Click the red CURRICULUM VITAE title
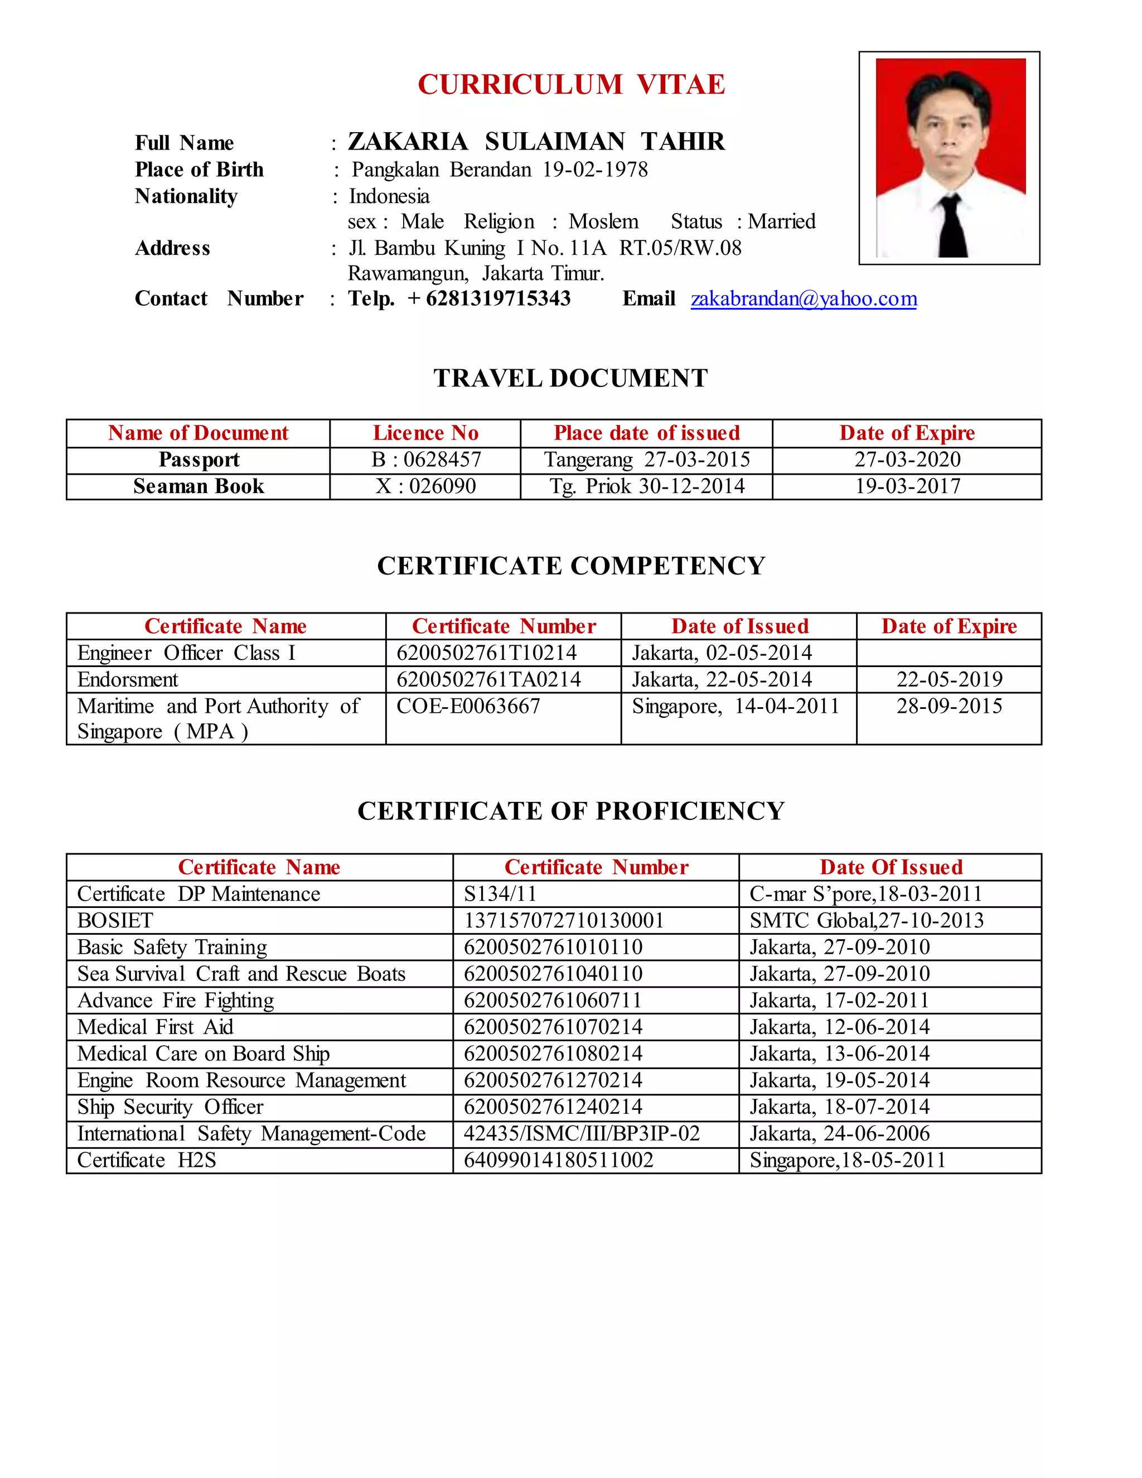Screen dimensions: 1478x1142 (x=571, y=85)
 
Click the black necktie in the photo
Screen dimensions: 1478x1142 (x=952, y=226)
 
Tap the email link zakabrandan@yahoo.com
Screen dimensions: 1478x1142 (x=803, y=298)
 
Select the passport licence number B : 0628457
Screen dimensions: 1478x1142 (x=425, y=460)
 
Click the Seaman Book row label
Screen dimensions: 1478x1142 (x=198, y=486)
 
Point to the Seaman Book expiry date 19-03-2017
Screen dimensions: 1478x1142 (x=907, y=486)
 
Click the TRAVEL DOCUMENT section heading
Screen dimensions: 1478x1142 (x=570, y=378)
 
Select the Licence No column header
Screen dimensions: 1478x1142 (x=425, y=433)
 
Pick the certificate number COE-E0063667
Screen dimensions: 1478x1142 (x=468, y=706)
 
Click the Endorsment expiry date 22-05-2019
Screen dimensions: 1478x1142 (x=949, y=679)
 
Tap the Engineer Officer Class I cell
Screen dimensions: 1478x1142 (x=186, y=653)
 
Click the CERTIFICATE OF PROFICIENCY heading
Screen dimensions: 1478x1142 (x=570, y=811)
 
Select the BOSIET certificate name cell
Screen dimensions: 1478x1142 (x=115, y=920)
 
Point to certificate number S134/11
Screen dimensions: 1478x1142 (x=500, y=894)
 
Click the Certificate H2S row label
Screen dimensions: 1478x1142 (x=146, y=1160)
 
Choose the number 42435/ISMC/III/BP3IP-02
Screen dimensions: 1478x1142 (x=581, y=1133)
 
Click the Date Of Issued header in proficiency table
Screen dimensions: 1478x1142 (x=891, y=868)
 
